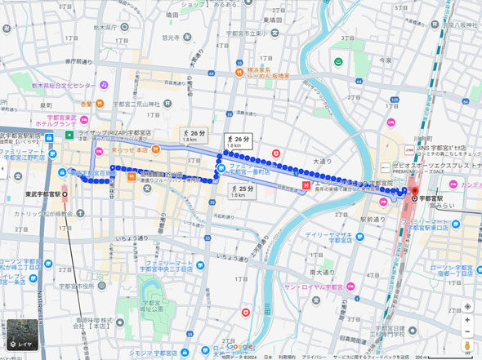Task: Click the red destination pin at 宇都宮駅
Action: coord(413,192)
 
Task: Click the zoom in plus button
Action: coord(467,320)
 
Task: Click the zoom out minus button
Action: coord(467,332)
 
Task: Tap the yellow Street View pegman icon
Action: coord(467,346)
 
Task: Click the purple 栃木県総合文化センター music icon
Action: coord(104,85)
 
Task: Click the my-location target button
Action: coord(467,306)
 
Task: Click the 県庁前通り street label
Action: coord(82,61)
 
